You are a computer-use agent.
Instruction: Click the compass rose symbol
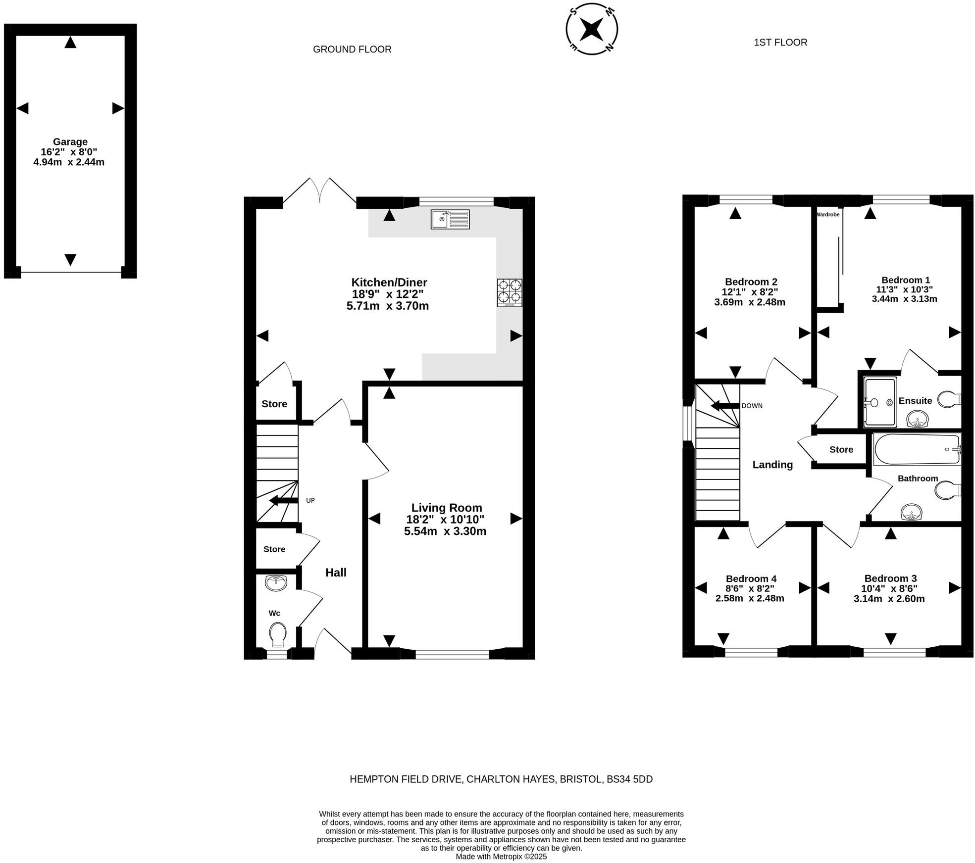pyautogui.click(x=591, y=29)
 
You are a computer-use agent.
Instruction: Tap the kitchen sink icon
pyautogui.click(x=450, y=219)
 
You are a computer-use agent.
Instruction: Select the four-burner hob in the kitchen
pyautogui.click(x=510, y=293)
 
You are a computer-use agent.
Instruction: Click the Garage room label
pyautogui.click(x=70, y=142)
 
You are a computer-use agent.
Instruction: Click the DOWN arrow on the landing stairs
pyautogui.click(x=725, y=406)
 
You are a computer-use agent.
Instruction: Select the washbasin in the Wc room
pyautogui.click(x=276, y=583)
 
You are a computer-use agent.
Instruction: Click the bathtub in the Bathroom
pyautogui.click(x=916, y=449)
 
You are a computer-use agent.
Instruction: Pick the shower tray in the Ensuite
pyautogui.click(x=880, y=402)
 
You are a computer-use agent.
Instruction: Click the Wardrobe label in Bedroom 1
pyautogui.click(x=827, y=215)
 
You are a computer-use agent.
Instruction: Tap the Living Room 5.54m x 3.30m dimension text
pyautogui.click(x=445, y=531)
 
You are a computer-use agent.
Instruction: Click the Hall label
pyautogui.click(x=336, y=573)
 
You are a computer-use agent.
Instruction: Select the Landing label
pyautogui.click(x=772, y=465)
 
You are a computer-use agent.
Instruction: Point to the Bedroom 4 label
pyautogui.click(x=751, y=578)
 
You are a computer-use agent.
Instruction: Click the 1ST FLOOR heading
pyautogui.click(x=780, y=43)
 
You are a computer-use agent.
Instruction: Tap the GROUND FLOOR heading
pyautogui.click(x=352, y=49)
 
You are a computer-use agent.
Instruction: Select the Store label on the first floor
pyautogui.click(x=841, y=449)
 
